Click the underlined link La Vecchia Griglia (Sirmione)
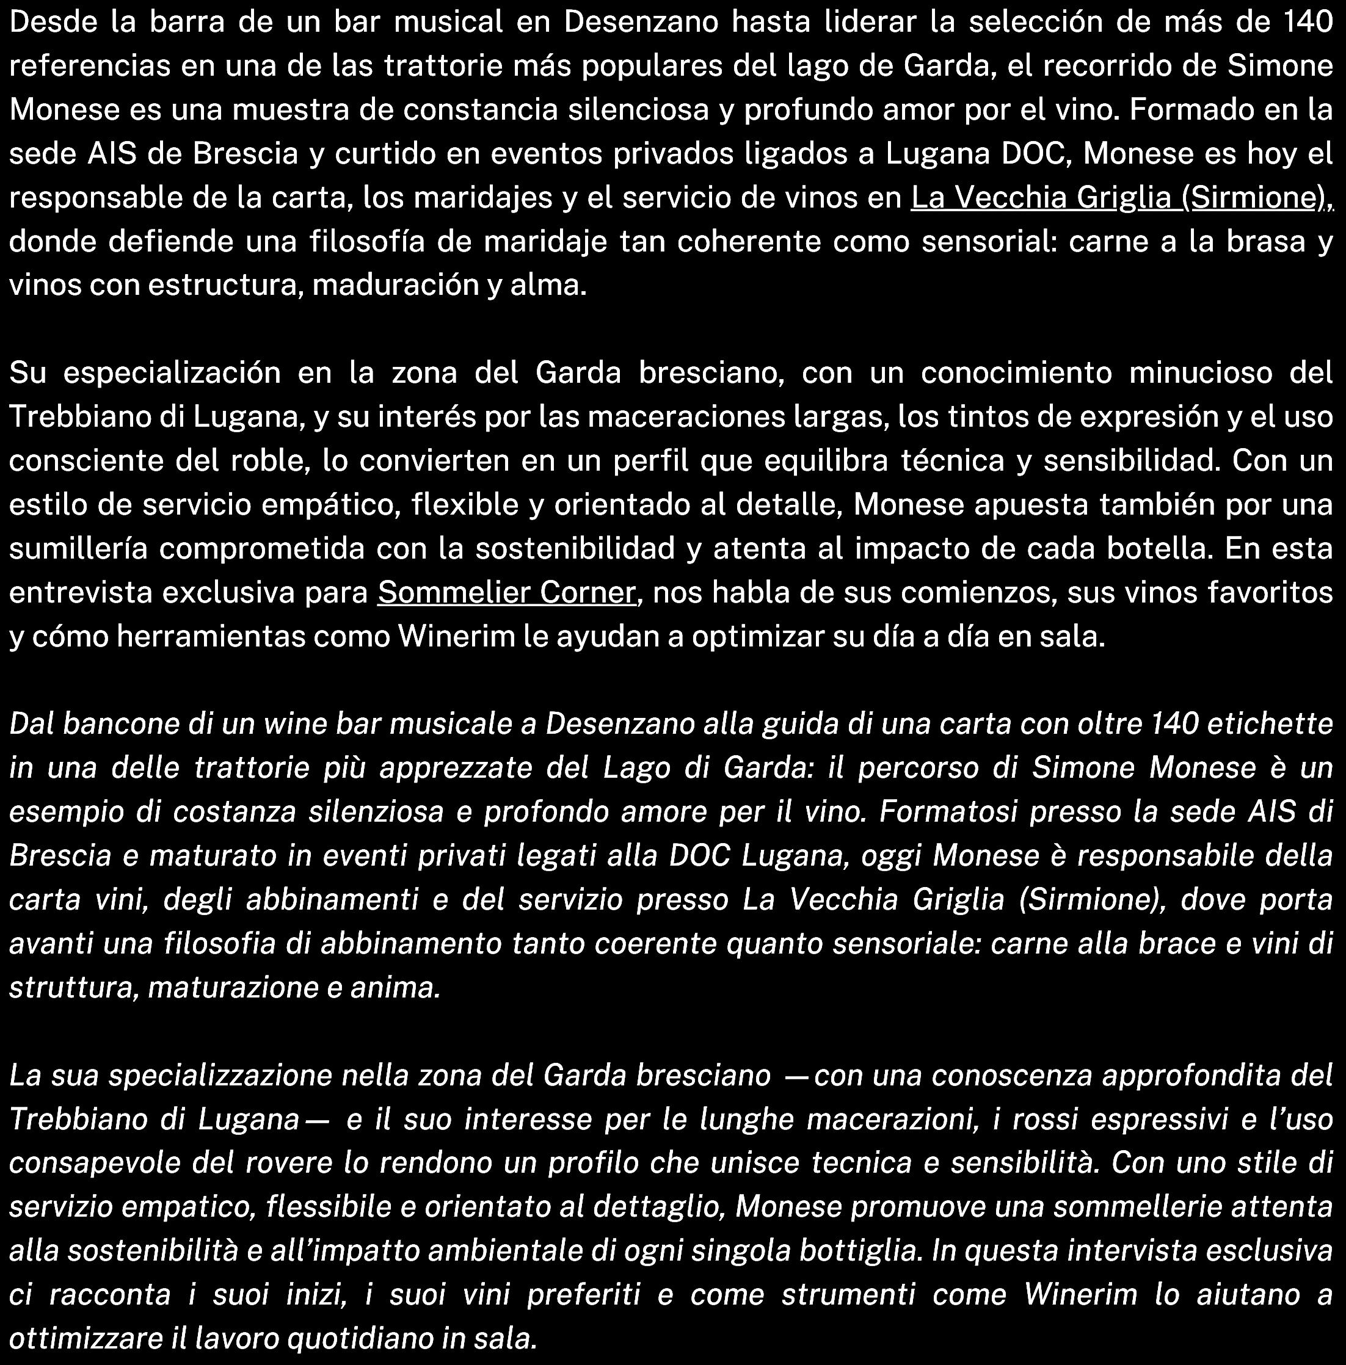click(x=1121, y=198)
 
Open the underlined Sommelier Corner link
click(x=506, y=592)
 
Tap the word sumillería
click(x=78, y=548)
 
